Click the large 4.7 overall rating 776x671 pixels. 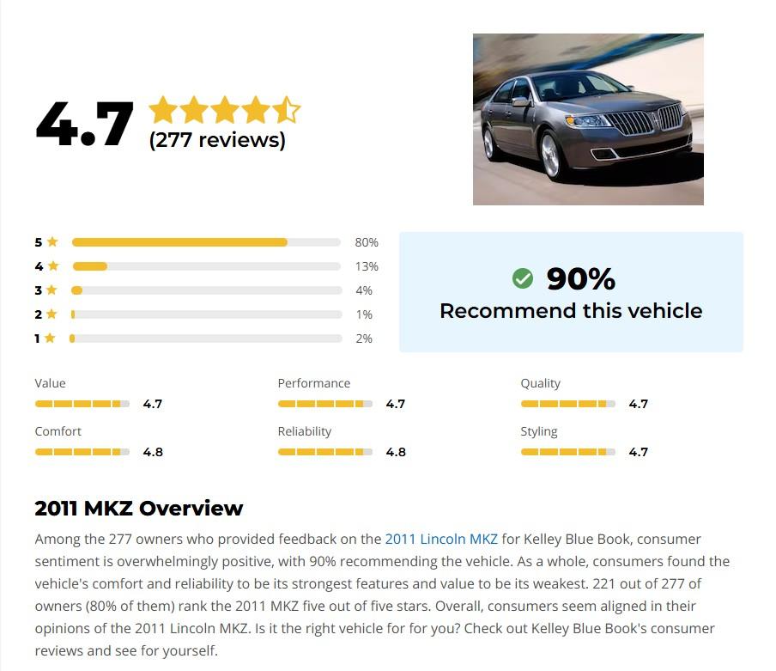pos(84,124)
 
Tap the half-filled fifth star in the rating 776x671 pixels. pos(287,110)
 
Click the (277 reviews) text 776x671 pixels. pos(217,140)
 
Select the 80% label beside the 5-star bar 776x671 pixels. pos(367,242)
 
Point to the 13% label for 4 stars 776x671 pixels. pos(367,266)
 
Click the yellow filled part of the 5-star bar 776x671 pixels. pos(179,242)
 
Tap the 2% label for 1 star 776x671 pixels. pos(364,339)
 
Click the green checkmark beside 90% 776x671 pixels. pos(522,278)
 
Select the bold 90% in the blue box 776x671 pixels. pos(581,278)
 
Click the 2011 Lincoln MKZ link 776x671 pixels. pos(441,539)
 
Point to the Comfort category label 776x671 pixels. pos(58,431)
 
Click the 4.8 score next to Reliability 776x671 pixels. pos(396,452)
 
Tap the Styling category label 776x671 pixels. pos(539,431)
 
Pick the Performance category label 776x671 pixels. pos(314,383)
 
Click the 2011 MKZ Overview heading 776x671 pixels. pos(139,508)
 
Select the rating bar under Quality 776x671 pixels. pos(568,404)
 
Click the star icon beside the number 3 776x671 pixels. pos(52,290)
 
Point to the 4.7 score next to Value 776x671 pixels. pos(153,404)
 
